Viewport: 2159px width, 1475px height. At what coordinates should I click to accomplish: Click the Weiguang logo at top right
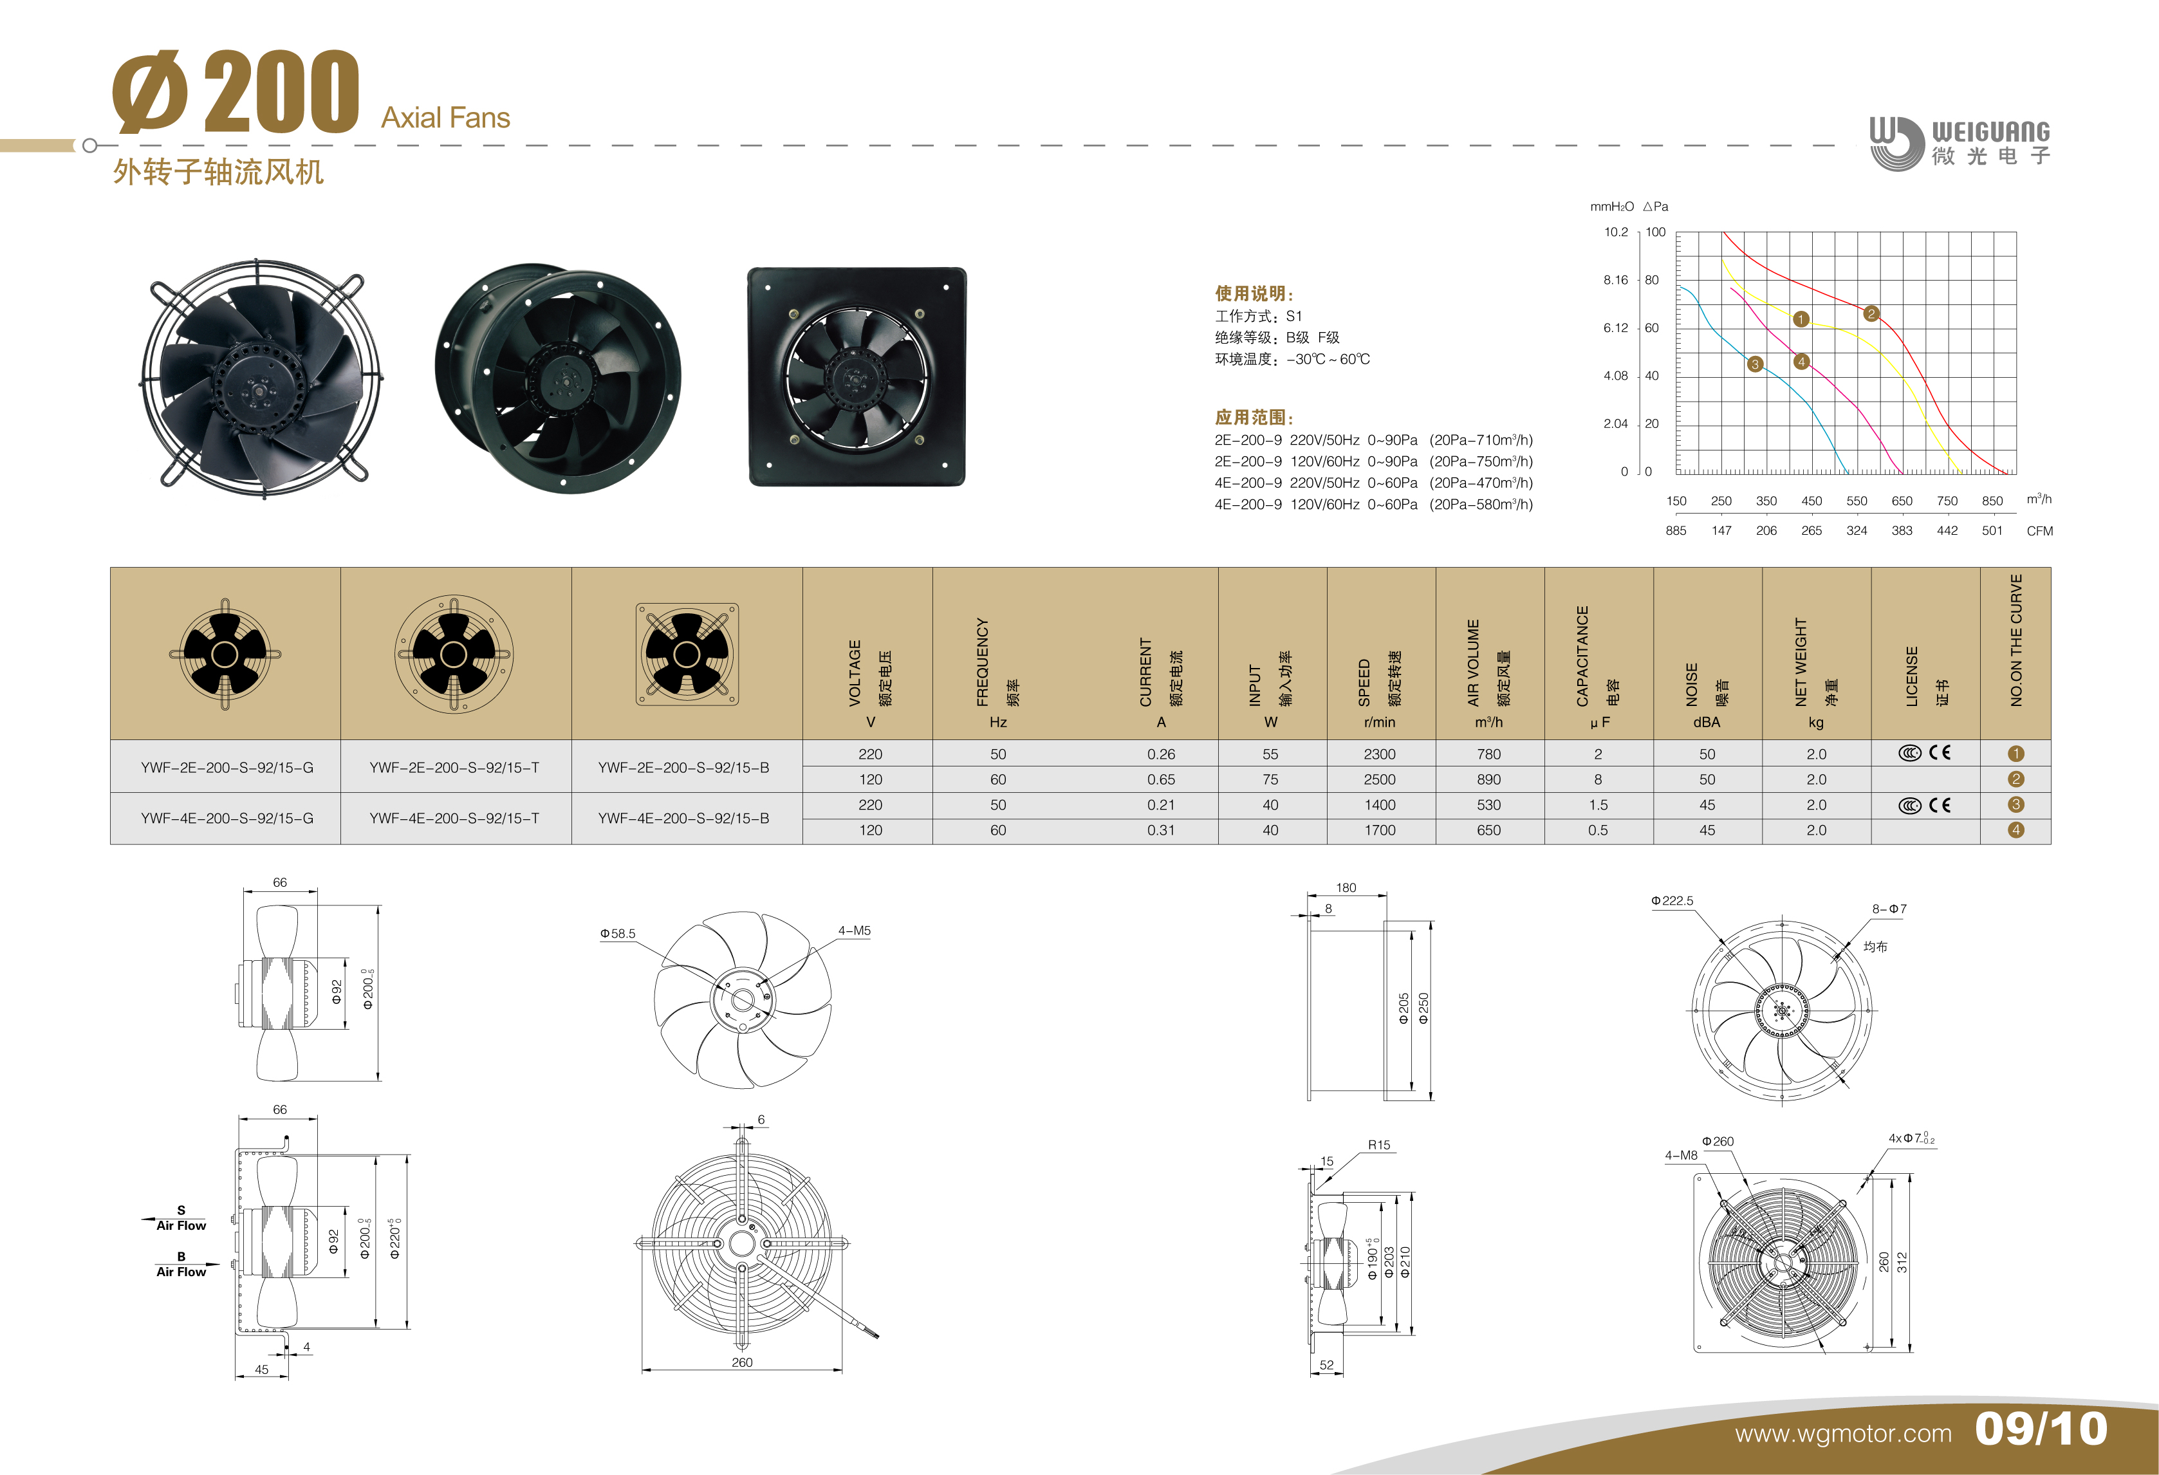pos(1960,143)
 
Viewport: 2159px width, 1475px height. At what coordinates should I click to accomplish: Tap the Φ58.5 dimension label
pos(618,934)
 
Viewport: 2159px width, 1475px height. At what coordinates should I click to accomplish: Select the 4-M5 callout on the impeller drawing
pos(854,931)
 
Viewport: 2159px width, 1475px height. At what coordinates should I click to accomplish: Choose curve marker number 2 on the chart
pos(1871,314)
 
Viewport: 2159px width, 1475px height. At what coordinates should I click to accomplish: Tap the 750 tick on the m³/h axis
pos(1947,501)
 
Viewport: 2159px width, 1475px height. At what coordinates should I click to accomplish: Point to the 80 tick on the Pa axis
pos(1652,279)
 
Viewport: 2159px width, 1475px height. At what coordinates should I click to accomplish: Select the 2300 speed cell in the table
pos(1380,754)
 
